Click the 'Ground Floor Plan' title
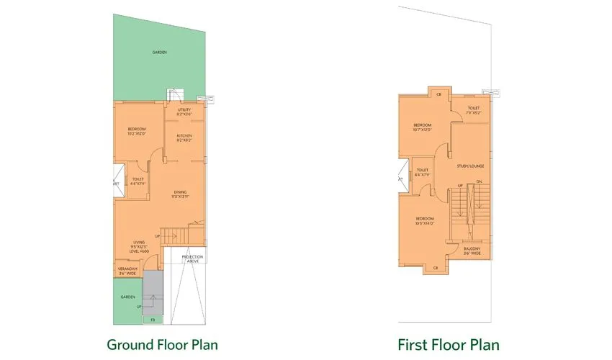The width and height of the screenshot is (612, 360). (x=162, y=344)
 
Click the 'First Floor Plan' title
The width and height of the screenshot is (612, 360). (x=449, y=344)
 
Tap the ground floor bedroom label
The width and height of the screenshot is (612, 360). (x=137, y=131)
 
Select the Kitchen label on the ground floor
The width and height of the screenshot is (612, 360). (x=184, y=138)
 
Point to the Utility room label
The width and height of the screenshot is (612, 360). (x=184, y=112)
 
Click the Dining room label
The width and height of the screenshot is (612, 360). (x=180, y=194)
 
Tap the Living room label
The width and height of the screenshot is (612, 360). (x=139, y=246)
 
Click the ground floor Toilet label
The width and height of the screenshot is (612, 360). (x=138, y=181)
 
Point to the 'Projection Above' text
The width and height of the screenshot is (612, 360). (x=192, y=258)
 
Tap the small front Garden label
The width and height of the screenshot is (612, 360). (x=127, y=297)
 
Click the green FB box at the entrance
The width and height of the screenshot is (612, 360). (x=153, y=318)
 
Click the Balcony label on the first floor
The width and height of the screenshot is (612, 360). (x=472, y=250)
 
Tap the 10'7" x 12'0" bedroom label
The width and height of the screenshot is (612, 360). (x=422, y=127)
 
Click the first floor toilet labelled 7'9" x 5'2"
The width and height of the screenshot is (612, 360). (x=473, y=110)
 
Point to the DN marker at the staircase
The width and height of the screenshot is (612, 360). (x=479, y=181)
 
